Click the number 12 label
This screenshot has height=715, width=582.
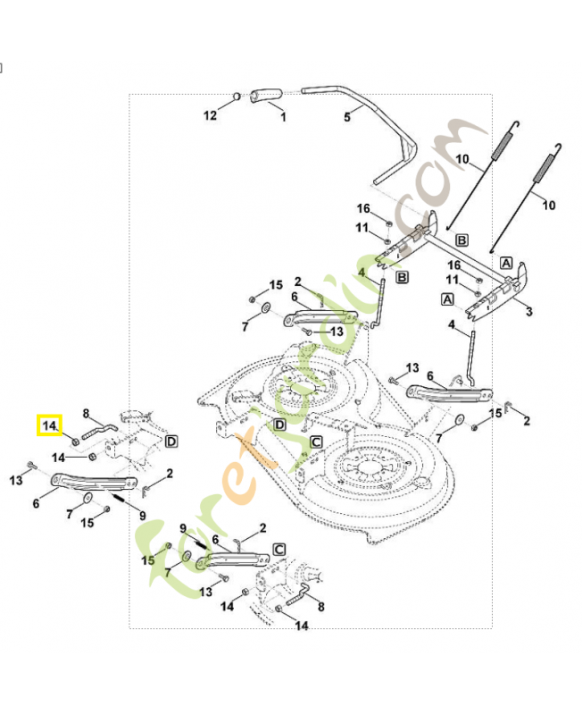point(210,116)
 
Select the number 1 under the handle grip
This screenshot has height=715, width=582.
point(283,117)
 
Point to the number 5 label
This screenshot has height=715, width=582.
point(347,116)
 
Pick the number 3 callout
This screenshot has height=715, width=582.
point(529,311)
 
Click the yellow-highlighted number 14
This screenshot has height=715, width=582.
point(49,425)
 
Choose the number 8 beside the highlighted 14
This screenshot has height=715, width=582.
point(87,413)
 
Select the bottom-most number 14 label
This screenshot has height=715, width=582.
point(302,627)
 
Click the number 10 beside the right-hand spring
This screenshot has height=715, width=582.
point(549,205)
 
